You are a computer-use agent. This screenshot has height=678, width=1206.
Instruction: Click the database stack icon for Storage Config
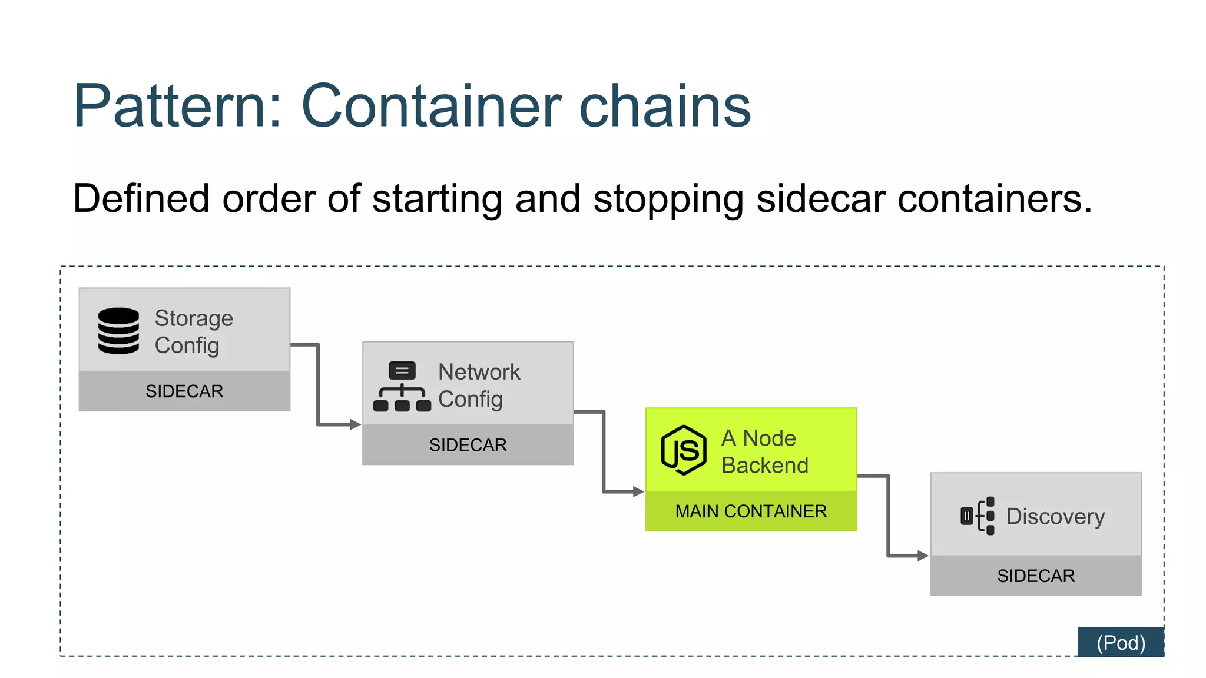118,331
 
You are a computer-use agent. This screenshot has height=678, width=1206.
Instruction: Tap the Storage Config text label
193,331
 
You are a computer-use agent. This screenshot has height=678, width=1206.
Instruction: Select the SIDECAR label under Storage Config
184,391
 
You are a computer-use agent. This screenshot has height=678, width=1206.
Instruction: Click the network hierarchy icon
402,387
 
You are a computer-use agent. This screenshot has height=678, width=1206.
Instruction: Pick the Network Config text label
478,385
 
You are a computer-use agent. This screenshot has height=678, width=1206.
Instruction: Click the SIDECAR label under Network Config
468,445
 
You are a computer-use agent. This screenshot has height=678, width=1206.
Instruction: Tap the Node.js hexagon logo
683,450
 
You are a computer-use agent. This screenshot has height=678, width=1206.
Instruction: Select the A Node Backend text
764,452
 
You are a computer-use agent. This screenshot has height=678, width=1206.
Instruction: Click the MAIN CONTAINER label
751,511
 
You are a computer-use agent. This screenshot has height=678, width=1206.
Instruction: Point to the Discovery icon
978,516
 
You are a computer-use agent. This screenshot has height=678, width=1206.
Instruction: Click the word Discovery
1055,517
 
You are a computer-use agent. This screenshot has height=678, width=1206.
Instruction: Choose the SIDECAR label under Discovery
1036,576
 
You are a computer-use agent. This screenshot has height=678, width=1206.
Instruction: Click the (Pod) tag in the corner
1120,643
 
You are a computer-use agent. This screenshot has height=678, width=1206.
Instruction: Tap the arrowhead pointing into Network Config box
354,424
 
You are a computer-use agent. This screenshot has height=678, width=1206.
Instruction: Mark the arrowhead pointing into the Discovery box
923,556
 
